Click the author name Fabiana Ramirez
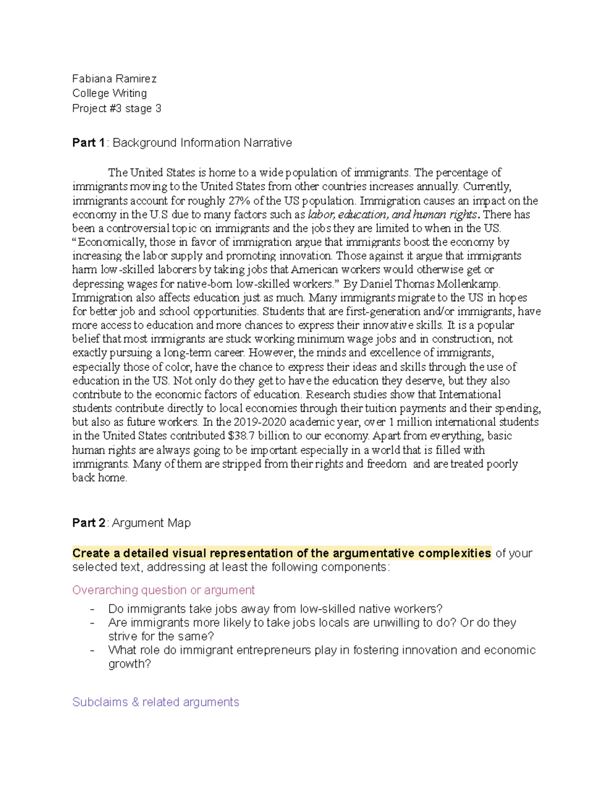114,79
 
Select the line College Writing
109,93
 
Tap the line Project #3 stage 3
116,109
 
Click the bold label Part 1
89,143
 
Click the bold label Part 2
89,523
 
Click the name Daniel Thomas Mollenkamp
429,284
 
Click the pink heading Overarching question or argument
163,590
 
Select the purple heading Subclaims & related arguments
156,702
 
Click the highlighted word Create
91,553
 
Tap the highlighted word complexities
454,553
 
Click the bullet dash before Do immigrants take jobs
92,609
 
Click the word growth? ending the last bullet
130,664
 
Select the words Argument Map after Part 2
151,523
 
